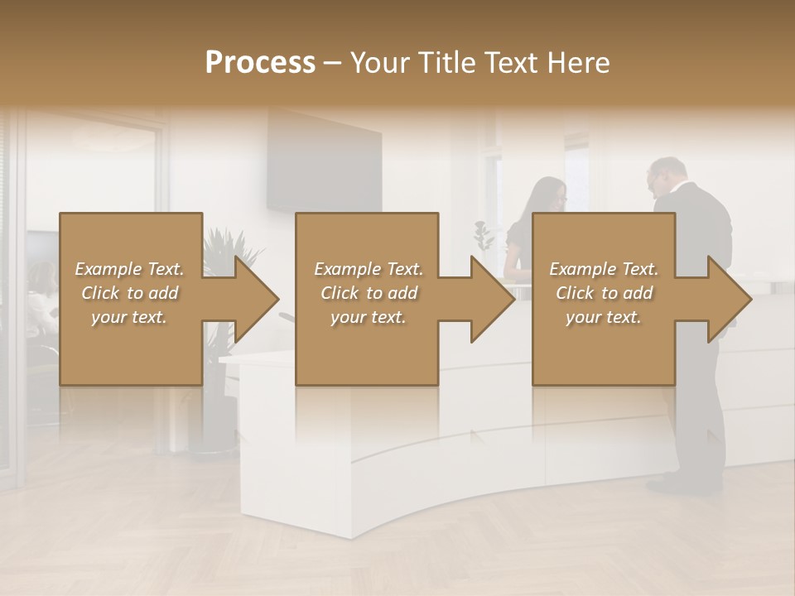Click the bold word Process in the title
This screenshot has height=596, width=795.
pos(260,62)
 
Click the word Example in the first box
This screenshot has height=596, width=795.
pos(108,269)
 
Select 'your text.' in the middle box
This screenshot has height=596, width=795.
pos(368,317)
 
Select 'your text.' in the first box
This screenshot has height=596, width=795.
pos(128,317)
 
